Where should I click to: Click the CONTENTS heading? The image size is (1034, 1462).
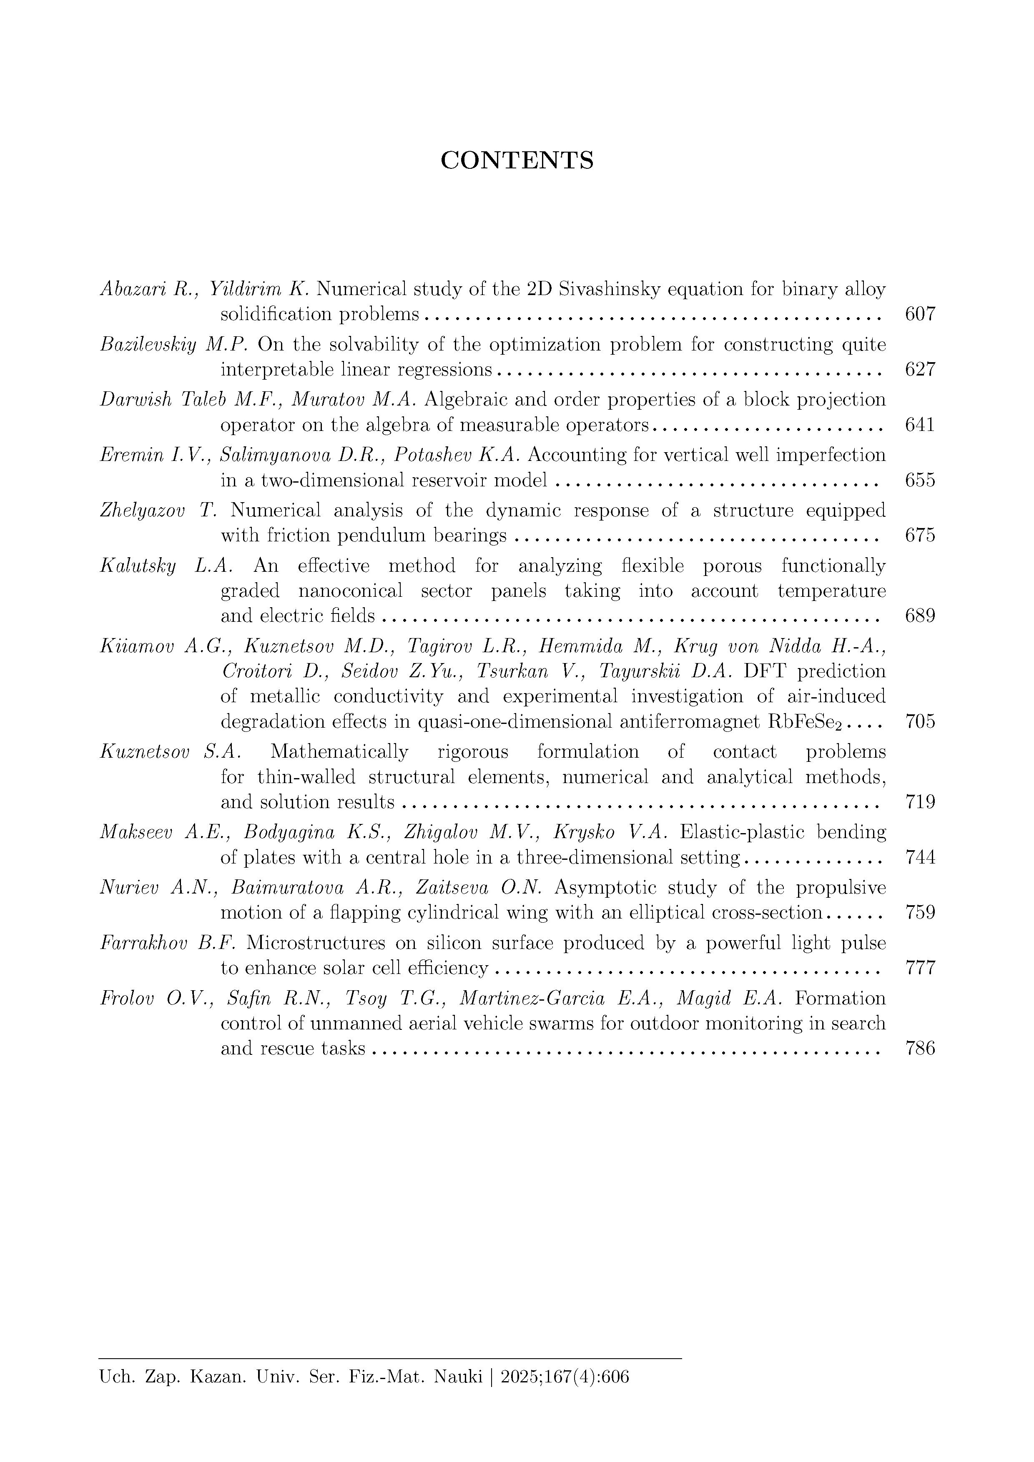pos(517,160)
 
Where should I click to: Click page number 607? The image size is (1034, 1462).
pos(920,314)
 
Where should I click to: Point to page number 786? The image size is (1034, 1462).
pos(920,1048)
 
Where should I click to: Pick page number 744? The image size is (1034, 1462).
pos(920,858)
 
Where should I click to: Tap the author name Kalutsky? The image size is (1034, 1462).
pos(138,566)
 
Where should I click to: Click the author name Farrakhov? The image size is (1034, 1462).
pos(144,943)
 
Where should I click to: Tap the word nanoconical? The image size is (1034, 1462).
pos(350,591)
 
